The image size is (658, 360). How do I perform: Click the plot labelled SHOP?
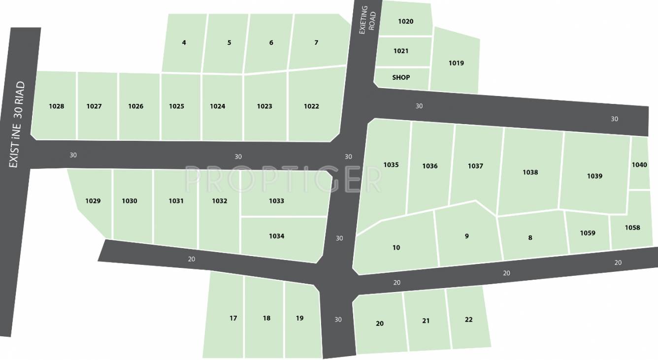(x=401, y=78)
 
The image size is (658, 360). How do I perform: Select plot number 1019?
(x=456, y=63)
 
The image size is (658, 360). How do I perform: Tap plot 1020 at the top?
(x=406, y=21)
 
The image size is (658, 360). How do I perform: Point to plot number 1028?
(x=57, y=106)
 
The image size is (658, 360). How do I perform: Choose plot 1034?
(x=277, y=236)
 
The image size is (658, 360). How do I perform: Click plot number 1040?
(x=639, y=165)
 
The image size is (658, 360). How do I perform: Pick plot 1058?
(x=632, y=228)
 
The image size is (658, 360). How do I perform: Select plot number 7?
(x=316, y=43)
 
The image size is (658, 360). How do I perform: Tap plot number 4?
(x=184, y=43)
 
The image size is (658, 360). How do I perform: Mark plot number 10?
(x=396, y=248)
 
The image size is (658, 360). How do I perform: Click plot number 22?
(x=468, y=320)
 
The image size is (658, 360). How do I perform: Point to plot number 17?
(x=233, y=318)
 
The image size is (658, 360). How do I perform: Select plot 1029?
(x=93, y=201)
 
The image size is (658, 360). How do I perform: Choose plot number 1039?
(x=594, y=176)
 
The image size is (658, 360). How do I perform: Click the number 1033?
(x=276, y=201)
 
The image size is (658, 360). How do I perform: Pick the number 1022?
(x=311, y=106)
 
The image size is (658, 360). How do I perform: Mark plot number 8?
(x=530, y=238)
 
